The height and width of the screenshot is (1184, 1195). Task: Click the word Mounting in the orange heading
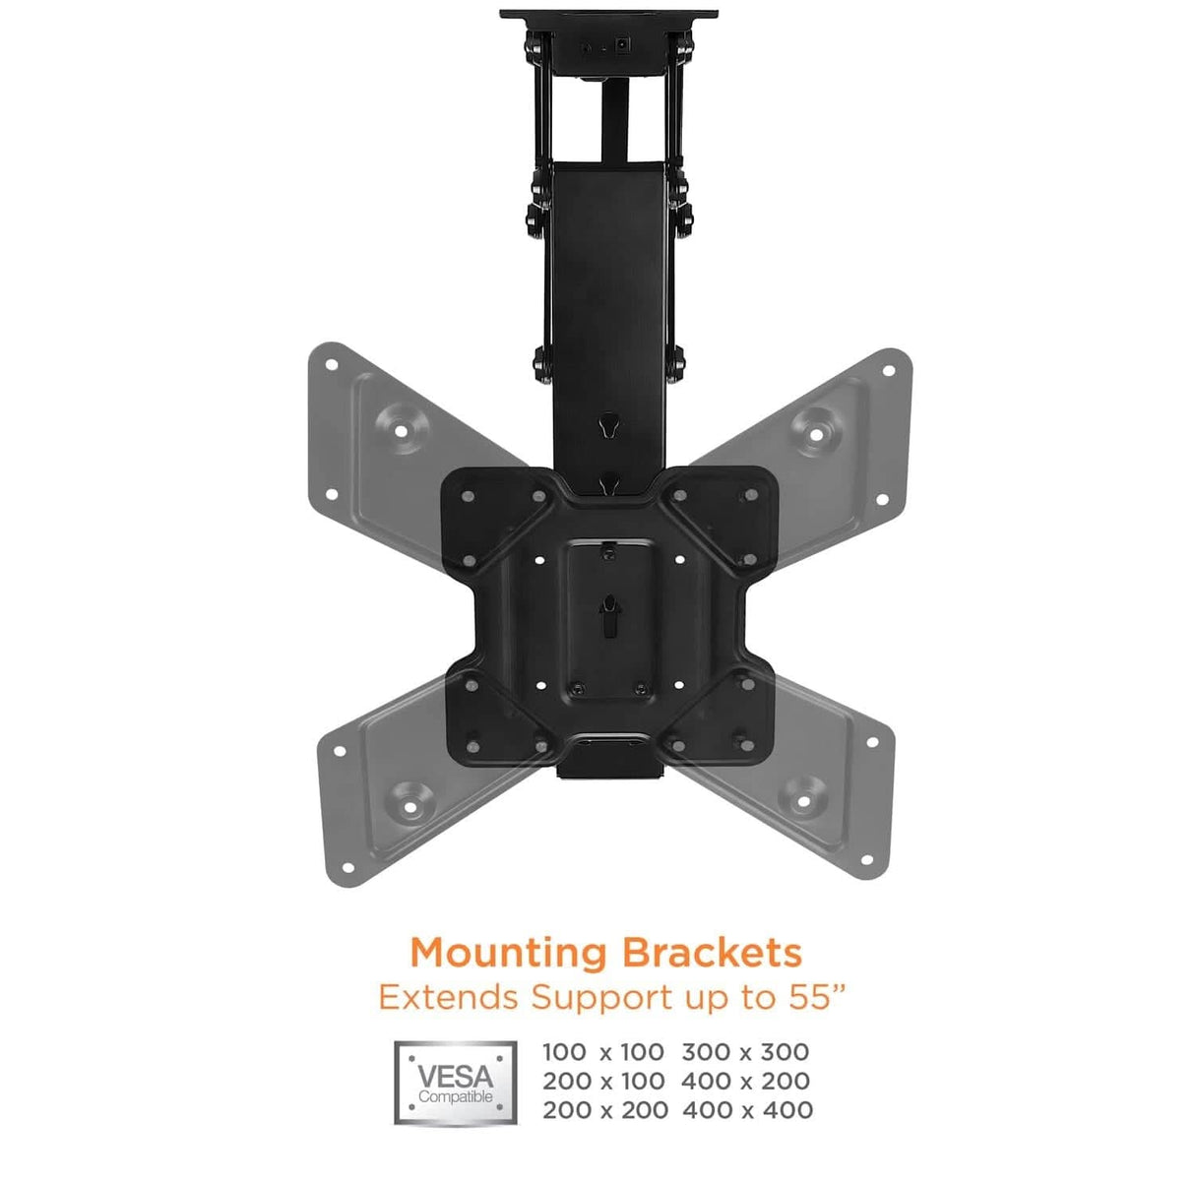(509, 953)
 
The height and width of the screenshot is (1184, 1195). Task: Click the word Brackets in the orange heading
(711, 952)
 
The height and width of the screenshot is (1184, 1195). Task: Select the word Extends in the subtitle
(448, 997)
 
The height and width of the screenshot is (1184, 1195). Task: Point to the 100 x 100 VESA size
(602, 1052)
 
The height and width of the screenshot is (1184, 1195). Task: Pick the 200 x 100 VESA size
(602, 1081)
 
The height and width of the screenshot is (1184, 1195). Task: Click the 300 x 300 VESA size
(745, 1052)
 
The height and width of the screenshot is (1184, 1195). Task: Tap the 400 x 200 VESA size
(745, 1081)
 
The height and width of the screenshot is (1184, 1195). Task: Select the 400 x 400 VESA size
(746, 1110)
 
